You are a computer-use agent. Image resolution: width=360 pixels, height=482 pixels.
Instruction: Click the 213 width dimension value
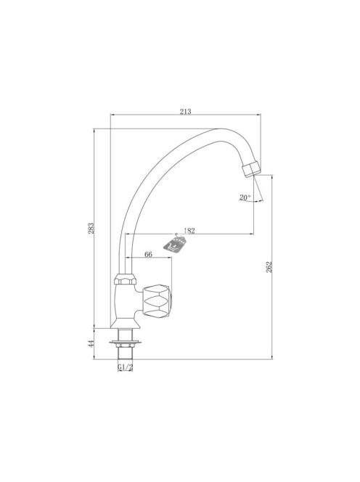pyautogui.click(x=185, y=111)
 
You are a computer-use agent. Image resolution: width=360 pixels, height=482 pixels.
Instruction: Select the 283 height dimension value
pyautogui.click(x=91, y=229)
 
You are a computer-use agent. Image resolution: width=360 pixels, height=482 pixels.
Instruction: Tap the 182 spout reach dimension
pyautogui.click(x=189, y=231)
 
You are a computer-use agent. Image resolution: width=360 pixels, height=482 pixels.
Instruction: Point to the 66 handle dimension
pyautogui.click(x=149, y=254)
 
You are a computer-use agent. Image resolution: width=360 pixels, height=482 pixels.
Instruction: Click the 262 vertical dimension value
pyautogui.click(x=269, y=267)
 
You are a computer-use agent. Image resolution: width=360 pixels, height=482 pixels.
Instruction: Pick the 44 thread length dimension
pyautogui.click(x=91, y=344)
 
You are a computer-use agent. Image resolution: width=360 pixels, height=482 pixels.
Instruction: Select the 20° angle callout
pyautogui.click(x=245, y=197)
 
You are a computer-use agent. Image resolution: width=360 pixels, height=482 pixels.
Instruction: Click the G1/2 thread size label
pyautogui.click(x=125, y=367)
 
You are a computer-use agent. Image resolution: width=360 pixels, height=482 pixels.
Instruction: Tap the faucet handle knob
pyautogui.click(x=157, y=301)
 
